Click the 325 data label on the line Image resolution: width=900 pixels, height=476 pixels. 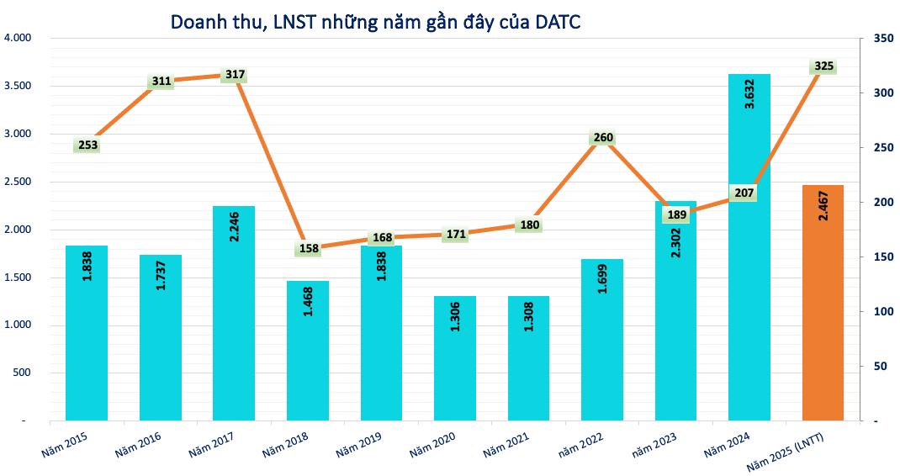click(824, 66)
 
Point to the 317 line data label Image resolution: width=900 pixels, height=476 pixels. click(235, 75)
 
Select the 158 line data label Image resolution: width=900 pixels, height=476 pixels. click(308, 249)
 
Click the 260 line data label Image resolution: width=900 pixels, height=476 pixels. click(603, 138)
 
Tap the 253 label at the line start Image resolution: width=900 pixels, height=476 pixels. click(87, 145)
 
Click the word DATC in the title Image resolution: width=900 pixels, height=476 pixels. click(557, 22)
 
